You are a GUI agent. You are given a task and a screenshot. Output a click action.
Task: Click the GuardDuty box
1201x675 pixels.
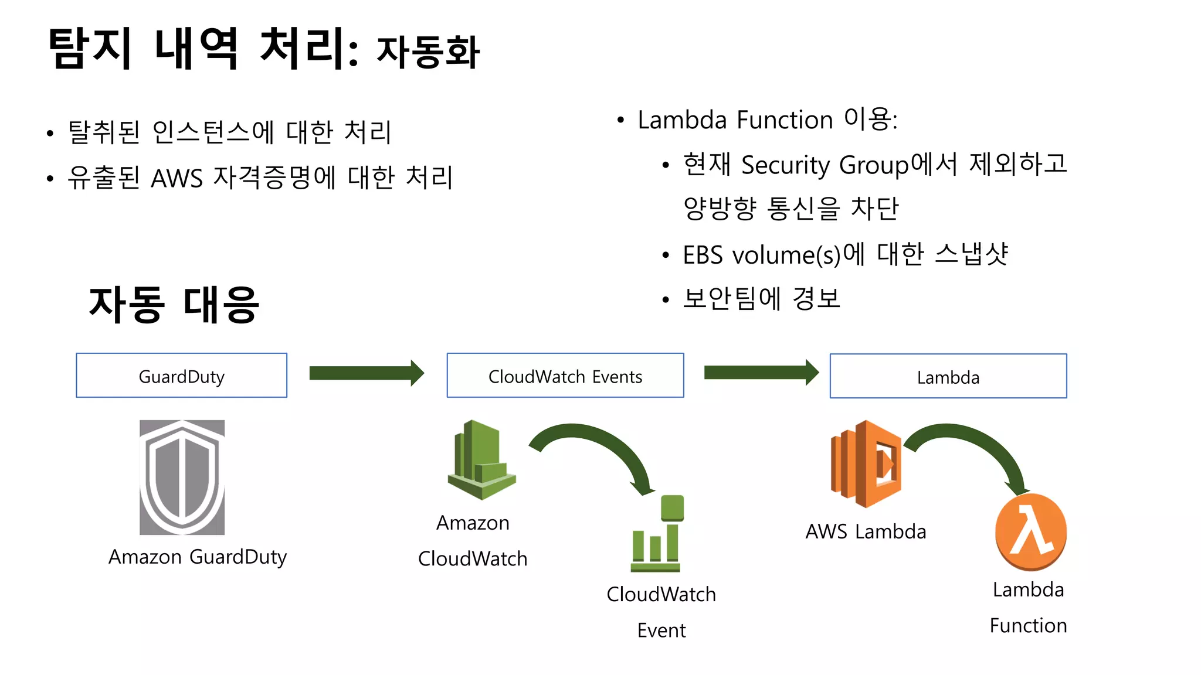coord(181,376)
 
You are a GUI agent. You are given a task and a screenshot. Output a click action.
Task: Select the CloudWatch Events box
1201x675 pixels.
coord(565,376)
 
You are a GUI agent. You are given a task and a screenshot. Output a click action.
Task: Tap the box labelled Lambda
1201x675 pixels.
coord(948,376)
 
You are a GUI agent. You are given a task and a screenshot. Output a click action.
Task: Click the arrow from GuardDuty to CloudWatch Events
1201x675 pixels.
coord(366,373)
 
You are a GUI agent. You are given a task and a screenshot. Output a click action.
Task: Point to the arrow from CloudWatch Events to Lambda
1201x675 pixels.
coord(761,373)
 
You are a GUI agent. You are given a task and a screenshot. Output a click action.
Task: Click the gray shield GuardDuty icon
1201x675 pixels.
coord(182,477)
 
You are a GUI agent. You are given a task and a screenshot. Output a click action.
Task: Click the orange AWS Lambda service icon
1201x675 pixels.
coord(866,463)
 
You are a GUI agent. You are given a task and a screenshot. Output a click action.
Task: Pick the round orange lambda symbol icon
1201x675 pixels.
coord(1030,532)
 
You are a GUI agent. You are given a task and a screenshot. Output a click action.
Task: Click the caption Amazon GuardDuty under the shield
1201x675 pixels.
coord(198,557)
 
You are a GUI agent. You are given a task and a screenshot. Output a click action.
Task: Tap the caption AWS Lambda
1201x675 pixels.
coord(866,531)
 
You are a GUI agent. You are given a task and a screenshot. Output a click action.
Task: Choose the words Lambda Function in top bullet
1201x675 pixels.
coord(735,120)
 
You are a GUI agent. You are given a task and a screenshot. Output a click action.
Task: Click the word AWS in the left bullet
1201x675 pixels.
coord(177,178)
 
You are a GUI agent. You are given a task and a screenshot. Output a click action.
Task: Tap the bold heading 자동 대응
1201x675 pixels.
coord(174,305)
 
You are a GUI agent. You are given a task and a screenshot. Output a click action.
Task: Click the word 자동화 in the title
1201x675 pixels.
coord(428,52)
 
